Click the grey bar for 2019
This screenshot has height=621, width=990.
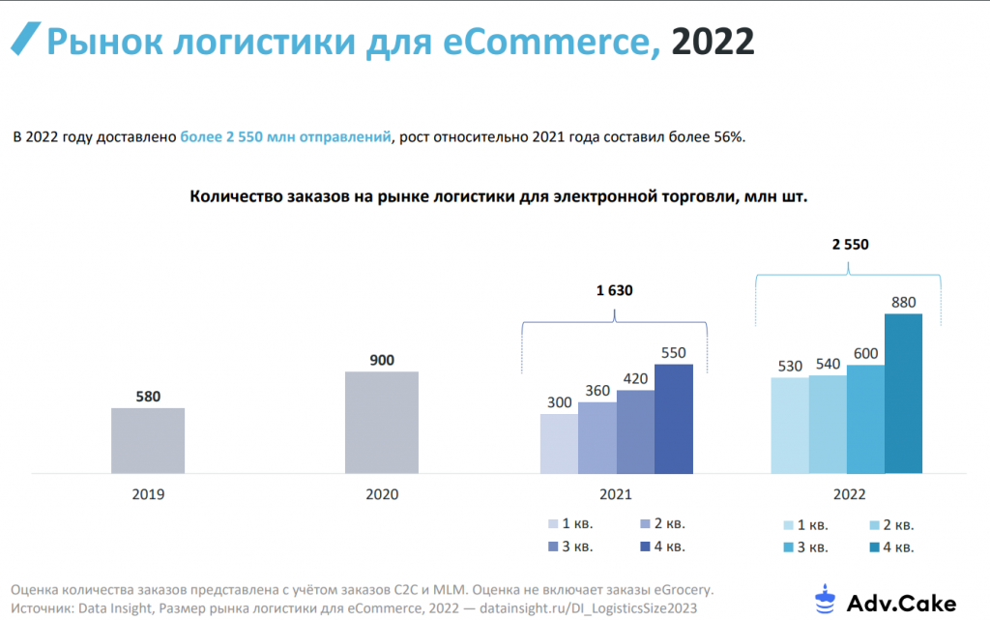click(148, 440)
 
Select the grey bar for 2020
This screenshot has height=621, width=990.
click(382, 423)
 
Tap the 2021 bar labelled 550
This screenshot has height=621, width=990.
click(674, 419)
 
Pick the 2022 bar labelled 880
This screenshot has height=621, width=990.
click(904, 394)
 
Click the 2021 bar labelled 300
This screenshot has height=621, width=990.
click(559, 444)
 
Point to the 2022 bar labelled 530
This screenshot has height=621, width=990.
click(790, 426)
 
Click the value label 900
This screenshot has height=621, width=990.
click(382, 360)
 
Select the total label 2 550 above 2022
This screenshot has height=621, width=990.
click(850, 245)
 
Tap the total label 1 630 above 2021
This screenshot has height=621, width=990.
click(615, 290)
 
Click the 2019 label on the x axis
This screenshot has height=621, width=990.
click(148, 494)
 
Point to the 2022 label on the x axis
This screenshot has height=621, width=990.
click(850, 494)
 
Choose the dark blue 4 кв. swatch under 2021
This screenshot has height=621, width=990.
click(646, 547)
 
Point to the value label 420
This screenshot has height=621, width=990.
click(635, 378)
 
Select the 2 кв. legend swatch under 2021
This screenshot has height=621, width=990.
click(646, 524)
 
